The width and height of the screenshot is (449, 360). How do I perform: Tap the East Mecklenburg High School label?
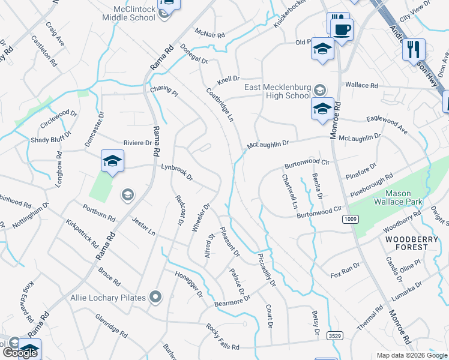coord(277,91)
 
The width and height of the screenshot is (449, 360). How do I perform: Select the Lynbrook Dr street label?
coord(176,172)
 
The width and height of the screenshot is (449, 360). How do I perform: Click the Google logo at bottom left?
coord(19,353)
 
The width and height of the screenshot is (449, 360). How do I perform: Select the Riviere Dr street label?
coord(137,143)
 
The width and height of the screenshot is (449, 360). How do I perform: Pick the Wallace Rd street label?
coord(361,86)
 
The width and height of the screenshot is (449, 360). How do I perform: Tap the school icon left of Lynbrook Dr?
coord(112,161)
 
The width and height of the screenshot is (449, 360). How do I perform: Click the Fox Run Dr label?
coord(345,271)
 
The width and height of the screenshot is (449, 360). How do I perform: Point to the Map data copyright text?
coord(412,355)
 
